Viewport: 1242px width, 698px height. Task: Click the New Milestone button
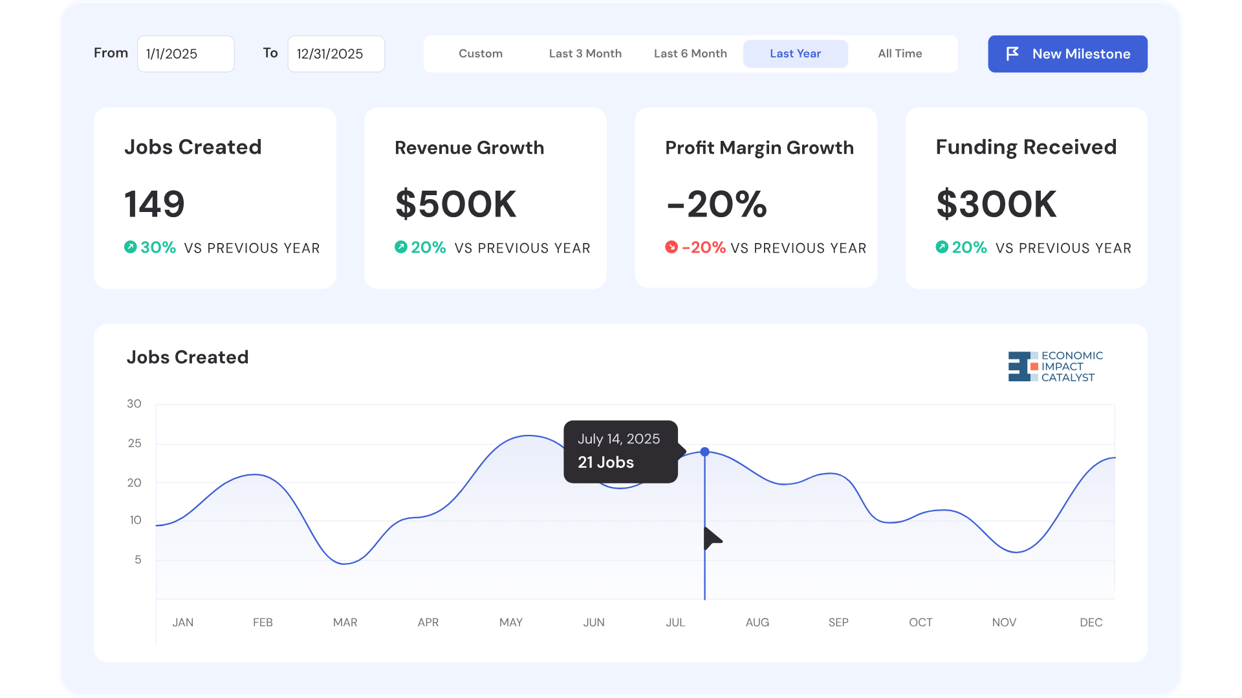click(x=1067, y=54)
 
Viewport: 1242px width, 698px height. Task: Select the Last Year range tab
click(x=795, y=54)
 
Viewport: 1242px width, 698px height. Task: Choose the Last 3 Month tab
click(x=585, y=54)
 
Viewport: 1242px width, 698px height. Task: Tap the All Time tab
click(x=900, y=54)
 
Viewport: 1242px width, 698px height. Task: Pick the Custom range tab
click(x=481, y=54)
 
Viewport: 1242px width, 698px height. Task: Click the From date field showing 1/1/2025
click(x=186, y=54)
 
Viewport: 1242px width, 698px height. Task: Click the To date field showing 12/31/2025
click(x=336, y=54)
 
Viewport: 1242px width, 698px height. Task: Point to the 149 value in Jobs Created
click(x=155, y=204)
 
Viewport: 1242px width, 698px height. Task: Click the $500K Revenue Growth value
click(x=456, y=204)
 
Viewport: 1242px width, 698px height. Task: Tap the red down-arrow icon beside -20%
click(x=671, y=247)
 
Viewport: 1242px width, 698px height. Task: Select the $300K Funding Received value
click(x=997, y=204)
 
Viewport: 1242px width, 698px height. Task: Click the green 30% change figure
click(x=158, y=248)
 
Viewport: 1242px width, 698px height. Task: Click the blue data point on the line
click(x=705, y=452)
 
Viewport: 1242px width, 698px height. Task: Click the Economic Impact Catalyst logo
click(x=1055, y=366)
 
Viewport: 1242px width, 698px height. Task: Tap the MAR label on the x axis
click(x=345, y=622)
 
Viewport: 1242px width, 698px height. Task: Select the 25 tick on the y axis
click(x=135, y=443)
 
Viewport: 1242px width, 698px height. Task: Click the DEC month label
click(x=1091, y=622)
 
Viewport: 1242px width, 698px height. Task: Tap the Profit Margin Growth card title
click(x=759, y=148)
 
